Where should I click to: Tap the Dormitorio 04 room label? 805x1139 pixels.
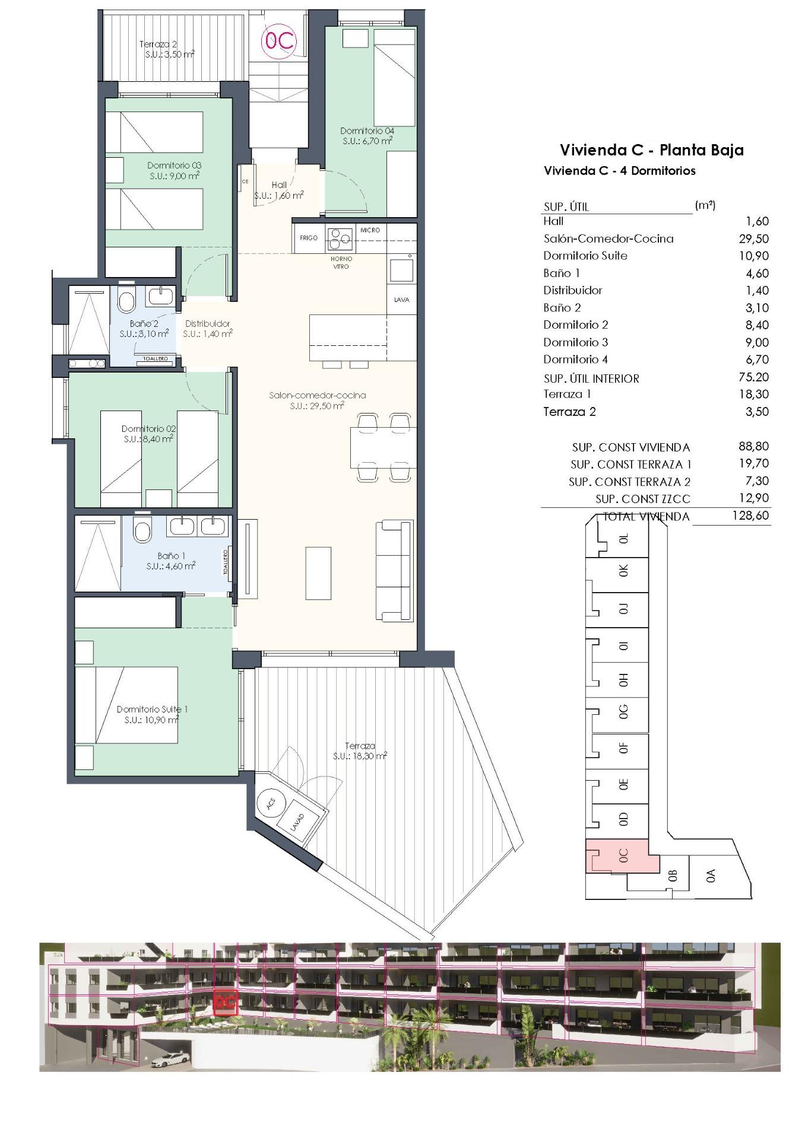point(367,136)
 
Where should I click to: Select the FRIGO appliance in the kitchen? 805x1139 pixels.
point(309,238)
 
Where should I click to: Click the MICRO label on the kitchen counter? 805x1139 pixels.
point(370,230)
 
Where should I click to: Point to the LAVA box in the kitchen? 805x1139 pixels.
point(402,300)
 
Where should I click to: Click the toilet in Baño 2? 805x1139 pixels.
point(126,301)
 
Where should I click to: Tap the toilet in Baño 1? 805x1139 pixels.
point(142,530)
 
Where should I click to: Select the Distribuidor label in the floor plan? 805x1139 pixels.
point(207,324)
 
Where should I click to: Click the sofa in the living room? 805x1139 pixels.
point(395,571)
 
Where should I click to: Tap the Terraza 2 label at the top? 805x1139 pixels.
point(158,44)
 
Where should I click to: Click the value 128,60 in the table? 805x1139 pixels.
point(750,516)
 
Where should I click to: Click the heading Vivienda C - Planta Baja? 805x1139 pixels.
point(651,149)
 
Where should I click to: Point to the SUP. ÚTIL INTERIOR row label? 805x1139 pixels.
point(591,378)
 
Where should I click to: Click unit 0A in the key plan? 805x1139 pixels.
point(711,876)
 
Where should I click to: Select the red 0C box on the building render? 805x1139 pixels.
point(225,1002)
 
